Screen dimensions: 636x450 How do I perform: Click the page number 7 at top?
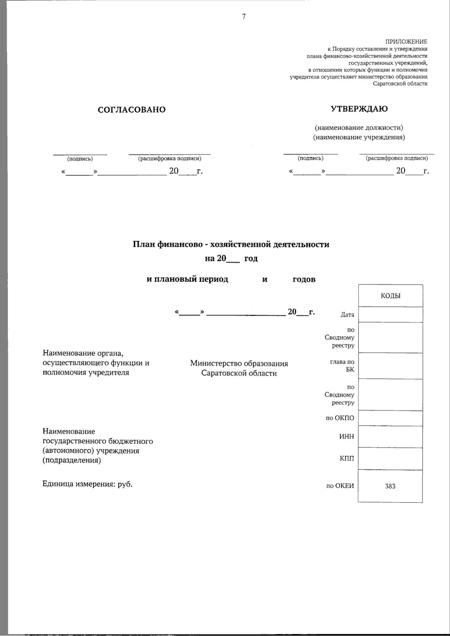[244, 16]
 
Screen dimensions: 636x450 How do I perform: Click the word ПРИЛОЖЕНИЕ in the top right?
[406, 42]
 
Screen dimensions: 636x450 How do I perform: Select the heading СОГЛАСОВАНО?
[131, 109]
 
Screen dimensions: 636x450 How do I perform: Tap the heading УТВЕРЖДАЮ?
[359, 109]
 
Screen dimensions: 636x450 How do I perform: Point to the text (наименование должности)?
[359, 127]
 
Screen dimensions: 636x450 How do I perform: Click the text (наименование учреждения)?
[359, 137]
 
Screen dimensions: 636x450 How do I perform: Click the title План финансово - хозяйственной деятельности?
[231, 244]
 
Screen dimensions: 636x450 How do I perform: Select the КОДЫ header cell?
[390, 296]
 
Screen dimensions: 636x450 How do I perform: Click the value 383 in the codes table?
[390, 486]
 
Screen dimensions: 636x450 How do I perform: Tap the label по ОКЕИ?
[340, 486]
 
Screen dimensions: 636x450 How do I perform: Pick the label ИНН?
[346, 436]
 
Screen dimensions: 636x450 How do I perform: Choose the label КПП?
[346, 459]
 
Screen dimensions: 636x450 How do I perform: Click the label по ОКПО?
[340, 418]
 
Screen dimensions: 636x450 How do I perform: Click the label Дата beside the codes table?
[347, 315]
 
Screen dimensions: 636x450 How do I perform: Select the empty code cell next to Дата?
[390, 315]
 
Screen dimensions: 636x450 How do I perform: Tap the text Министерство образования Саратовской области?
[239, 368]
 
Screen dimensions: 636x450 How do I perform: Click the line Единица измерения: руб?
[87, 484]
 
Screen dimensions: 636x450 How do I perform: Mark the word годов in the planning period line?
[304, 279]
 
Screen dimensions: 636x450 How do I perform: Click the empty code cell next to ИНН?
[390, 436]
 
